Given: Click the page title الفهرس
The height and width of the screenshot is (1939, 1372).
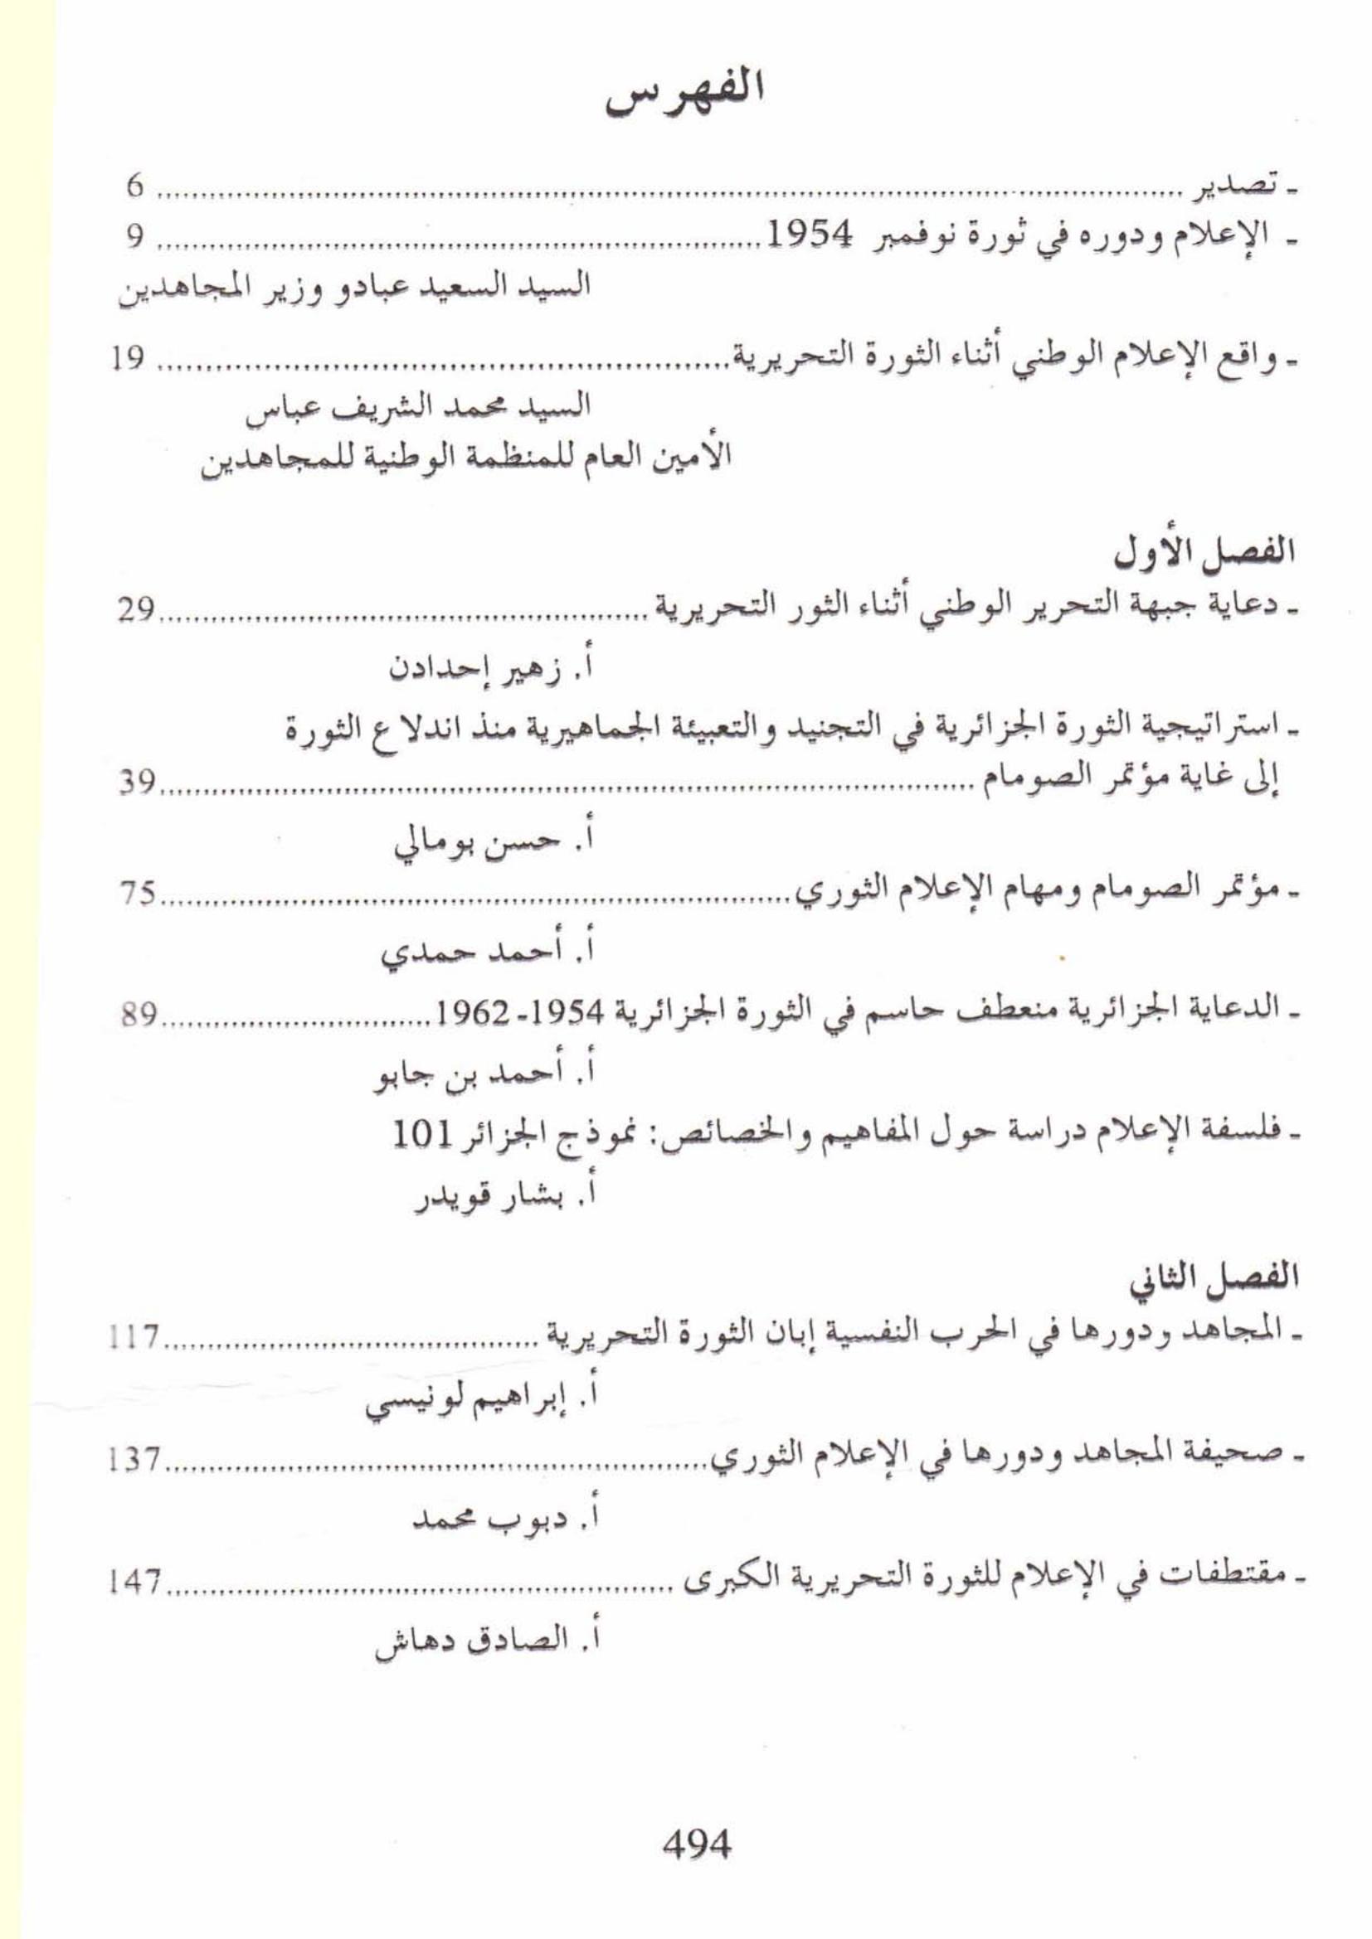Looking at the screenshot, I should [x=685, y=102].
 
